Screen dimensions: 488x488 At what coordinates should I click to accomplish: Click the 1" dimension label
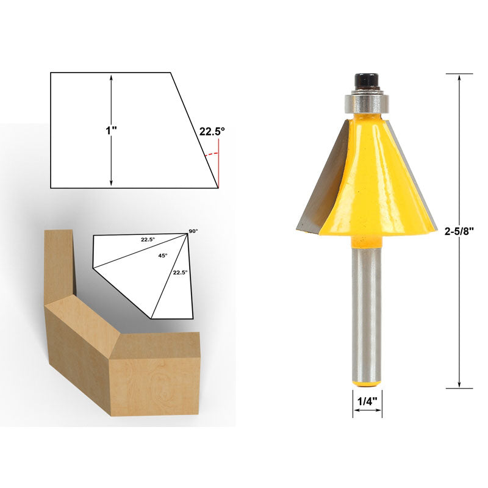pos(111,131)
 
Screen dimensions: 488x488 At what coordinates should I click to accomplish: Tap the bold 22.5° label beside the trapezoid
pos(212,132)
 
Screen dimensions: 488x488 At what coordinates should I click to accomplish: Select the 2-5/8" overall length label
pos(459,231)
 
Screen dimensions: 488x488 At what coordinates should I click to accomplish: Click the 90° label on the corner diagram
pos(193,231)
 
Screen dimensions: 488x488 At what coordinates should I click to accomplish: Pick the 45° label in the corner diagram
pos(163,255)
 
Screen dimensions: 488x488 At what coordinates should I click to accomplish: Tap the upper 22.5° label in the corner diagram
pos(148,239)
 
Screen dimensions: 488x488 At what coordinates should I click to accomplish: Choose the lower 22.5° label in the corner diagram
pos(180,272)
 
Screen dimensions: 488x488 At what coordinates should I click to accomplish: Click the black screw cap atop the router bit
pos(367,81)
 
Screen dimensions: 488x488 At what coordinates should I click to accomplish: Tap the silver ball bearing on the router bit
pos(367,102)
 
